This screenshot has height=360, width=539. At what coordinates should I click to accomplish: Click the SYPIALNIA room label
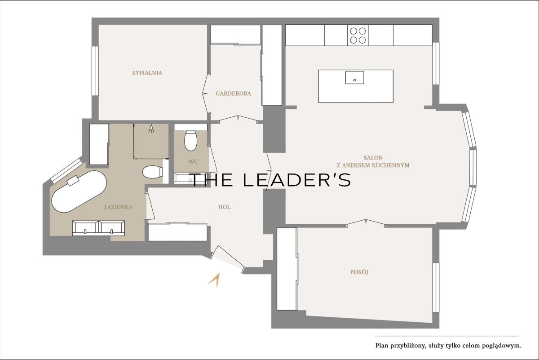click(147, 73)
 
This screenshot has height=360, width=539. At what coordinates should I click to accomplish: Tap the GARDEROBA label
click(233, 93)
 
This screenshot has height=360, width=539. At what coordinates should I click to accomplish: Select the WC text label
click(193, 162)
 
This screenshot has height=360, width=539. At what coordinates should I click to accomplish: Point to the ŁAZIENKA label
click(118, 207)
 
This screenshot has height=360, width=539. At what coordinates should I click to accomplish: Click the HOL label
click(224, 207)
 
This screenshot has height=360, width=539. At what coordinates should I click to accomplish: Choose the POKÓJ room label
click(359, 272)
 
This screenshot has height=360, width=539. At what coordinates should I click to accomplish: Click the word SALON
click(373, 158)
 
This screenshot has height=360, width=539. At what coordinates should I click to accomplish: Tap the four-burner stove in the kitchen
click(358, 36)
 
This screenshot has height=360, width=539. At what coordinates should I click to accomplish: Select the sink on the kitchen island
click(354, 78)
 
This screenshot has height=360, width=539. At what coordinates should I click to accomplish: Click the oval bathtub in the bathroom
click(79, 192)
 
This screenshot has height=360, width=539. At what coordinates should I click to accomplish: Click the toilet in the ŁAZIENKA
click(152, 172)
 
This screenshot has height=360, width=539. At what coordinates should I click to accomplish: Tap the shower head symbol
click(151, 129)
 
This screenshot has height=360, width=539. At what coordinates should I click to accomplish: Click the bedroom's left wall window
click(95, 71)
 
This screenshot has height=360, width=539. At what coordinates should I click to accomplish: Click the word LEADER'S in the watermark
click(297, 180)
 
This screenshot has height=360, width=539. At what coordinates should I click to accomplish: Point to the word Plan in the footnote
click(381, 346)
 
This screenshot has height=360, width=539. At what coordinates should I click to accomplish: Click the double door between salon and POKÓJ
click(366, 223)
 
